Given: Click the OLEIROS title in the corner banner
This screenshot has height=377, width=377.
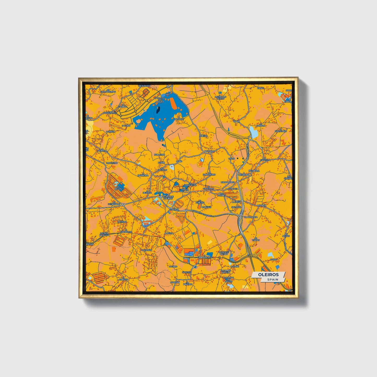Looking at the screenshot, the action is click(268, 274).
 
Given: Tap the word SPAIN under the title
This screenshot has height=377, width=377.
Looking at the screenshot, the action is click(272, 279).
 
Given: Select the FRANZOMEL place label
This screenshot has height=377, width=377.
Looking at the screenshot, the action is click(110, 113).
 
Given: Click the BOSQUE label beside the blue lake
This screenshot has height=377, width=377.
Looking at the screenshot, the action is click(179, 119).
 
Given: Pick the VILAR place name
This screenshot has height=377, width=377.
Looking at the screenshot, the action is click(236, 121).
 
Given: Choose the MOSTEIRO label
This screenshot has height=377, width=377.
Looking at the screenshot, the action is click(112, 163).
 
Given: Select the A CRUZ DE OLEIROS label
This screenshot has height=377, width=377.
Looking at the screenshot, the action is click(167, 198).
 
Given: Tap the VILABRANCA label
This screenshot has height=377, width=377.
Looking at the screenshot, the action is click(250, 217).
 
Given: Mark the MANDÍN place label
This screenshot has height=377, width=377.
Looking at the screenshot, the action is click(262, 206).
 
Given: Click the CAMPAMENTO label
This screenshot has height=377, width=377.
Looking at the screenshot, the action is click(205, 257).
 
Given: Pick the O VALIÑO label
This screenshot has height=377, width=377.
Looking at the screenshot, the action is click(146, 250).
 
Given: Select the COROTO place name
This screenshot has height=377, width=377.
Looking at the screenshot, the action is click(123, 279).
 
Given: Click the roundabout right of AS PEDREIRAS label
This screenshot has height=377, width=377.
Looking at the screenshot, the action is click(123, 204).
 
